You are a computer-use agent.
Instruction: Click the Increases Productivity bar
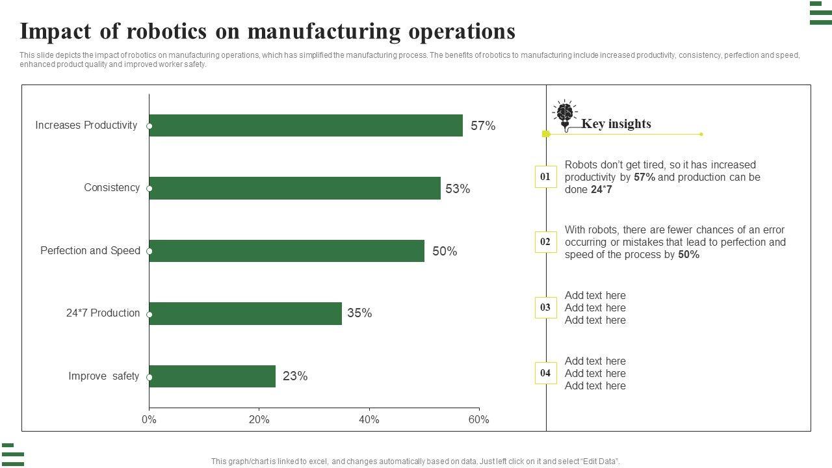305,125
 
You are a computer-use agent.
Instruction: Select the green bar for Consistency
294,188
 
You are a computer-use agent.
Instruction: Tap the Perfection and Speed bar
287,251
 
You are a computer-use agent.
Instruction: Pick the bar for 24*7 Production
245,313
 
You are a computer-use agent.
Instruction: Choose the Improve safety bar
212,376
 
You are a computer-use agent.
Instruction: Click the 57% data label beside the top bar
483,126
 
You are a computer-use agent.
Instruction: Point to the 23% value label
295,376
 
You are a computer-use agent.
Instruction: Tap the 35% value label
359,313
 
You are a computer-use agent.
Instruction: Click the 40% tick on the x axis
369,420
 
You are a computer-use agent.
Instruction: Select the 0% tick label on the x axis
149,420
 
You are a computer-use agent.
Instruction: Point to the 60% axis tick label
478,420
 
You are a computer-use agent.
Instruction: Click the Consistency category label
112,188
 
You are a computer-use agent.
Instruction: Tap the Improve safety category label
104,376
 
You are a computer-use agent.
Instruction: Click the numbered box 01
545,177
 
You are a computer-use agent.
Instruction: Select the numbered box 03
545,307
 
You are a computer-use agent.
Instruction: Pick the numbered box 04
545,373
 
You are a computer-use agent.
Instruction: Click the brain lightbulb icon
565,115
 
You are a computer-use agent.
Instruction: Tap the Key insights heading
616,124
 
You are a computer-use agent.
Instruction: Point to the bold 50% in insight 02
688,255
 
